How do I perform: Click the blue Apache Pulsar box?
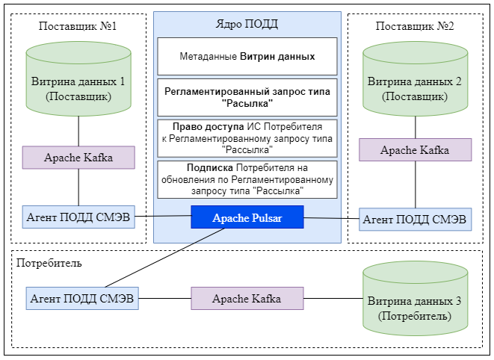coord(247,217)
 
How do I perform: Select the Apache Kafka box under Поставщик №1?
coord(78,158)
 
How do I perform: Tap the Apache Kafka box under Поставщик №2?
coord(415,149)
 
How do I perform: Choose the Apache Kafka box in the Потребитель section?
coord(247,299)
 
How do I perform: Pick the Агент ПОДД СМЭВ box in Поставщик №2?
coord(415,219)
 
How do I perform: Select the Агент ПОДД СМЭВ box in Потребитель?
coord(82,298)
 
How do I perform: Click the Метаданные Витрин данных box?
coord(247,56)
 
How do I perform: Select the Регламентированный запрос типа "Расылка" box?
coord(247,97)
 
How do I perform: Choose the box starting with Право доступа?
coord(247,138)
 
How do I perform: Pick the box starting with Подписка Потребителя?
coord(247,179)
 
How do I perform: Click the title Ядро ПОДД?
coord(247,23)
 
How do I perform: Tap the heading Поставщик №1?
coord(78,25)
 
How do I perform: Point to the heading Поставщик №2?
coord(414,25)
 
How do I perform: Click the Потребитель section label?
coord(49,263)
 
